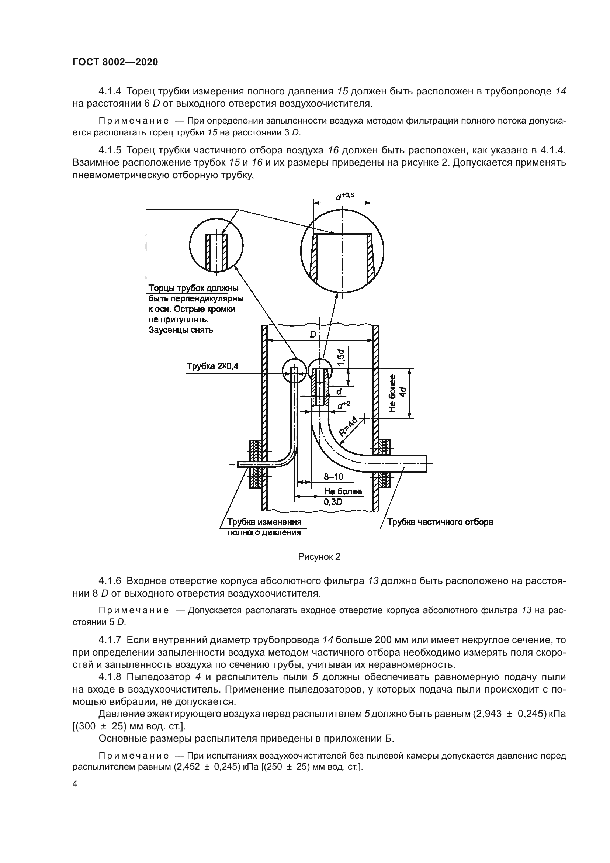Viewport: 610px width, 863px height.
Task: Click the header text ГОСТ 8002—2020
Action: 115,62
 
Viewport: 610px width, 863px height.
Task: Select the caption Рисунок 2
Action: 319,557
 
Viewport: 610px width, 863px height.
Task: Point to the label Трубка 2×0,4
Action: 212,366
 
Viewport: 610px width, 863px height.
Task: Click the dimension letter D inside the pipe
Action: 313,335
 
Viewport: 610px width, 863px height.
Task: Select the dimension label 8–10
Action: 333,477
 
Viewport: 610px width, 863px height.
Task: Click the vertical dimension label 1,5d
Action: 341,358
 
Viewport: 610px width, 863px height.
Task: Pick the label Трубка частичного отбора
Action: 440,522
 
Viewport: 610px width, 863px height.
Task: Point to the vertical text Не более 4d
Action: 398,393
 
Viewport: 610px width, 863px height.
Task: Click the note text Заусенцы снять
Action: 181,330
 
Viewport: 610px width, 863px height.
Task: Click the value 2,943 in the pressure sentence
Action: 488,714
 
